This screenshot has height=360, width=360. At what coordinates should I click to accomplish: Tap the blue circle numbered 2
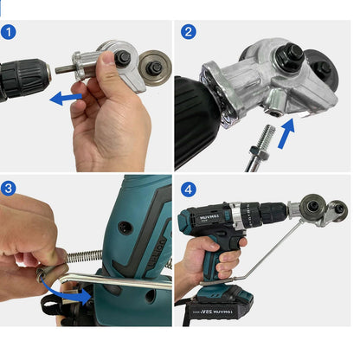coord(190,33)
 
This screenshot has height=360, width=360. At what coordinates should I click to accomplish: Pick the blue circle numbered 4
coord(190,188)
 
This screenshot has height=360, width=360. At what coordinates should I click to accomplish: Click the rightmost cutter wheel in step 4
coord(340,209)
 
